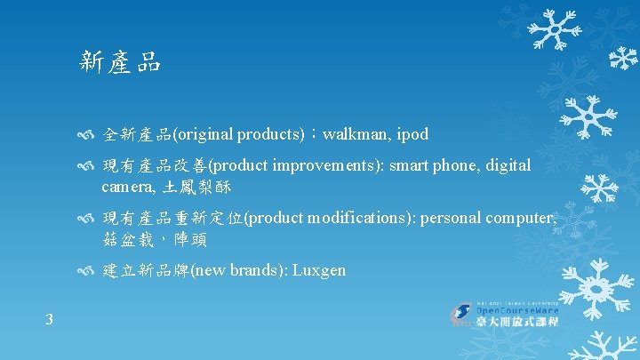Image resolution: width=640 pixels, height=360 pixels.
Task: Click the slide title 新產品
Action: coord(120,61)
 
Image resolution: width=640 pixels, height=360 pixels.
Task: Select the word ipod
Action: coord(412,134)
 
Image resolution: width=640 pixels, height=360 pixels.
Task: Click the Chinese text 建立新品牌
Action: coord(146,269)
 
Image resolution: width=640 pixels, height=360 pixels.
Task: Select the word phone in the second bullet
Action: coord(453,165)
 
